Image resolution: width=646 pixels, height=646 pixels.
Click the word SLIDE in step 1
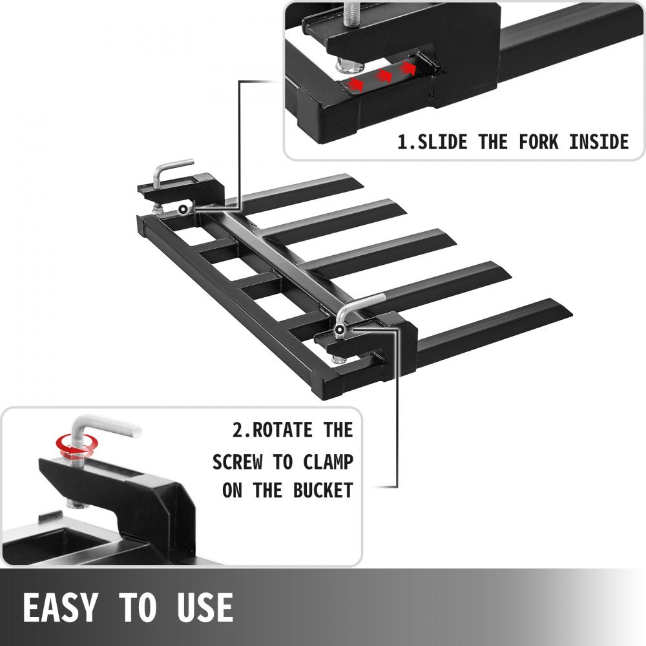443,141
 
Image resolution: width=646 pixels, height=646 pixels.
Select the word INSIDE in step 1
599,141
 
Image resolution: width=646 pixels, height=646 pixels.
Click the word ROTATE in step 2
282,430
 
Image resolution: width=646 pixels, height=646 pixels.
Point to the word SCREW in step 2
237,462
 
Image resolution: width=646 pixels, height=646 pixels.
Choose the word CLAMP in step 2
328,462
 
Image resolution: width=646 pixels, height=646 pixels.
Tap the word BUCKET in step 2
323,490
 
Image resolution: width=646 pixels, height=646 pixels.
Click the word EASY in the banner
60,607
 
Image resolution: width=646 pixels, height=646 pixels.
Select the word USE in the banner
205,607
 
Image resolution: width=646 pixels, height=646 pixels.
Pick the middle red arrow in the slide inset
384,76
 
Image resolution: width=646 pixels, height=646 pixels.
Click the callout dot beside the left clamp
183,209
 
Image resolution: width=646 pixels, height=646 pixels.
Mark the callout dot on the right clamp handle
340,329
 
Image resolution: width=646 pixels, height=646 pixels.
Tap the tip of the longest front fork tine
572,315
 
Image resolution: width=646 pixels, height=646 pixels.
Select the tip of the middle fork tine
455,245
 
